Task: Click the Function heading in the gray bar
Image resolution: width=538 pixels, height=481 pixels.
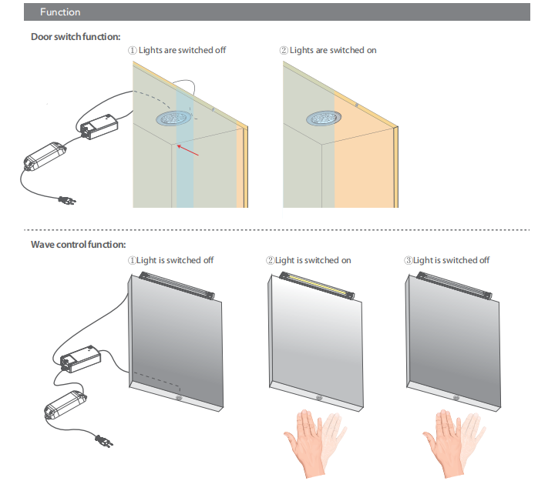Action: tap(59, 12)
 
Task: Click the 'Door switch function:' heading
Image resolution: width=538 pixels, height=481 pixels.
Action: tap(76, 36)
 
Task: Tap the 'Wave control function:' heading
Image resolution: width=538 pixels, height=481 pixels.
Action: tap(78, 245)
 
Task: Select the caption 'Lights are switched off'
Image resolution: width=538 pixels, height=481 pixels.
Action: tap(182, 50)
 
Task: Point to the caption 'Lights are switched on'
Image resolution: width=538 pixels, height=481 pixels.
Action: tap(333, 50)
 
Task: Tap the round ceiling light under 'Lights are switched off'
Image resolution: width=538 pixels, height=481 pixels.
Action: tap(177, 119)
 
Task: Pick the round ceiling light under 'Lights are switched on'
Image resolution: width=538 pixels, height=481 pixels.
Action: tap(324, 119)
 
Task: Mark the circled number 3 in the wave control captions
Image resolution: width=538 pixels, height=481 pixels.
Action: tap(409, 260)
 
